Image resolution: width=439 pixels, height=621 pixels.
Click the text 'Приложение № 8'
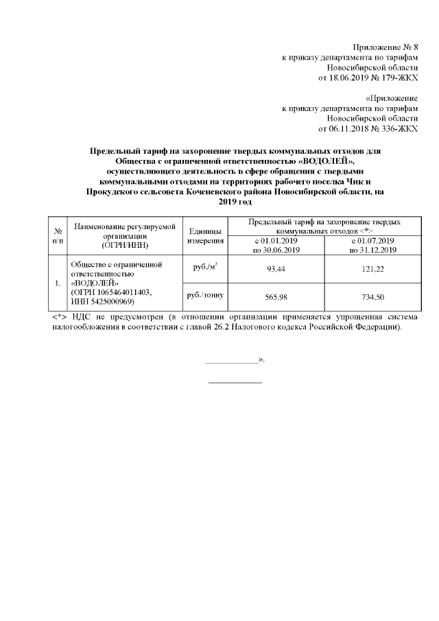tap(387, 46)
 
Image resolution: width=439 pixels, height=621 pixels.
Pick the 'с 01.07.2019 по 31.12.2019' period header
tap(371, 245)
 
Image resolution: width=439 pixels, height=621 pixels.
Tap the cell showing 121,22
tap(371, 269)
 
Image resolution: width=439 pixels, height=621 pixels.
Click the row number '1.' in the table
tap(58, 283)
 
